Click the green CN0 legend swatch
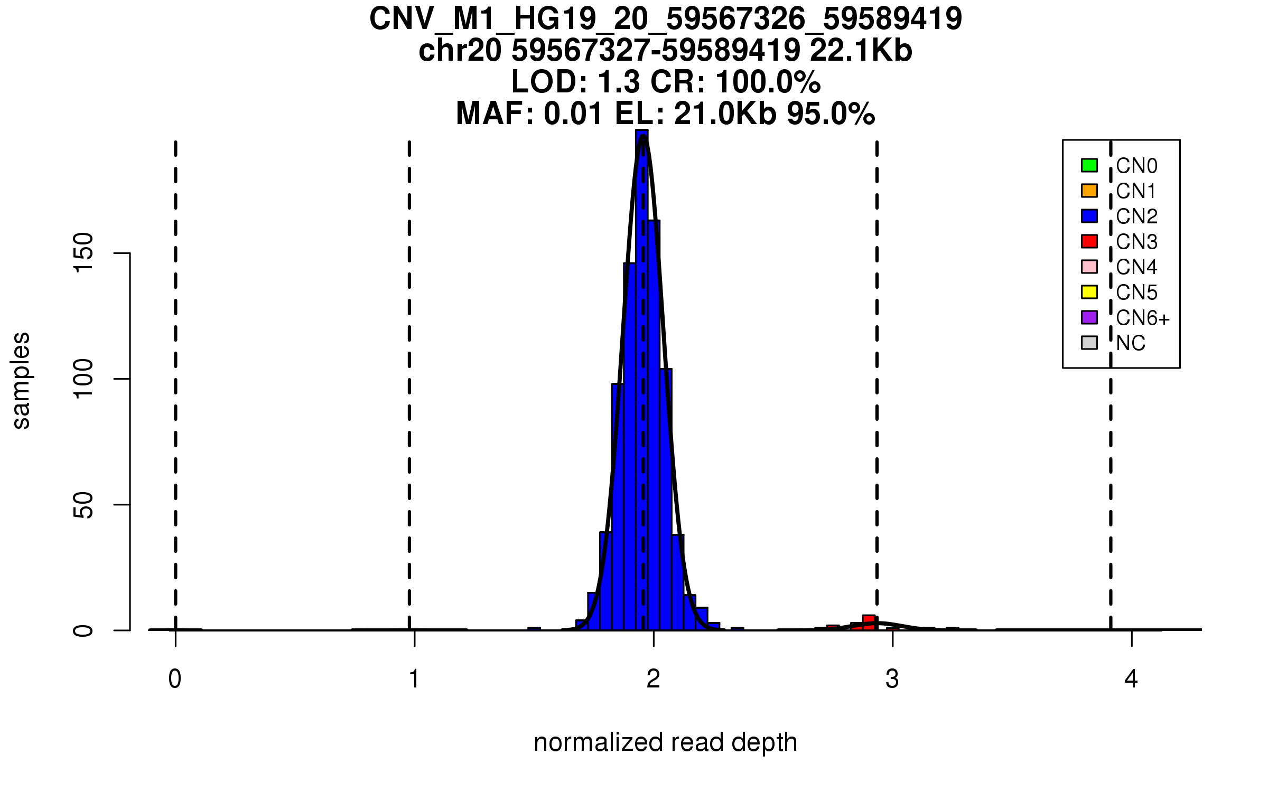tap(1089, 165)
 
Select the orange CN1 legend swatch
tap(1089, 191)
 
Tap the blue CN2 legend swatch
tap(1089, 216)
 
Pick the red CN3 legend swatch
tap(1089, 241)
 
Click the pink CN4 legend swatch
tap(1089, 267)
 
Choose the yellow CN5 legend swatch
tap(1089, 292)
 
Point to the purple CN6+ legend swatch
tap(1089, 317)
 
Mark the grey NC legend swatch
tap(1089, 343)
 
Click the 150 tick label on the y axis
tap(83, 253)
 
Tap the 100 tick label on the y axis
tap(83, 379)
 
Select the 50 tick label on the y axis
tap(83, 505)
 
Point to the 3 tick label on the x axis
tap(892, 679)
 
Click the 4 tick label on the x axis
tap(1131, 679)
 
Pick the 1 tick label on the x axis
tap(414, 679)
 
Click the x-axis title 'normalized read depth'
tap(665, 742)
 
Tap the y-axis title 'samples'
tap(21, 381)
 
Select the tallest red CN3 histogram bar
tap(869, 623)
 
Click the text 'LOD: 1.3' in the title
tap(576, 82)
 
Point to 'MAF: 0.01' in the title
tap(529, 114)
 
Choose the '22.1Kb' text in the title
tap(861, 51)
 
